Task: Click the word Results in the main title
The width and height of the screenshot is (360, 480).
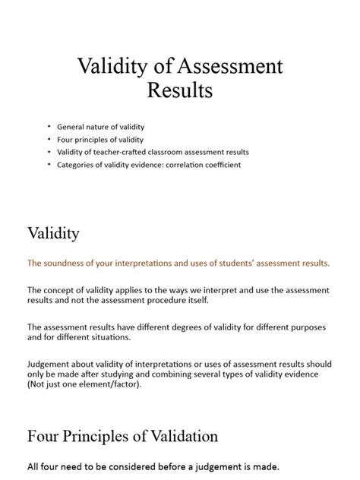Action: [179, 91]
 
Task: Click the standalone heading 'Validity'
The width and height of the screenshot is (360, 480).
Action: [53, 233]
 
